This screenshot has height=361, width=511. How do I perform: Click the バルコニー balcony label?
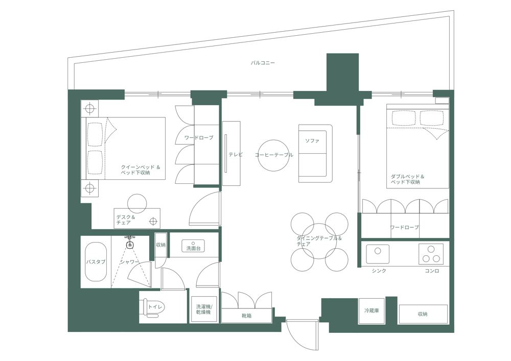(263, 63)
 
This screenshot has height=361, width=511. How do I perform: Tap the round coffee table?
(273, 155)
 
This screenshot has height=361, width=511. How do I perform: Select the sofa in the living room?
(315, 153)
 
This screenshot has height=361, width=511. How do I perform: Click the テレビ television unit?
(231, 154)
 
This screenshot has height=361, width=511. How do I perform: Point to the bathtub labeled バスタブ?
(96, 261)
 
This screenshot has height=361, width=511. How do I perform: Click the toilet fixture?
(152, 308)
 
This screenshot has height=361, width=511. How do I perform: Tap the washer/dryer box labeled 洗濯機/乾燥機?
(204, 309)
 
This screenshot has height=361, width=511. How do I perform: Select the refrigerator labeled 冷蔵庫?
(371, 310)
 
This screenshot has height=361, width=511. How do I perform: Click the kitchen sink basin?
(378, 254)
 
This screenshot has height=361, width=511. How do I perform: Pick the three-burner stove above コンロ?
(431, 254)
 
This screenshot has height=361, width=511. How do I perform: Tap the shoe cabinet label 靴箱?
(246, 316)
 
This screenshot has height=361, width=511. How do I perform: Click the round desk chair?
(137, 203)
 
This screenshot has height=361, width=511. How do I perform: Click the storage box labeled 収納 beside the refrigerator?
(423, 314)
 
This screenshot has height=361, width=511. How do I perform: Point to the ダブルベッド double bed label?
(407, 179)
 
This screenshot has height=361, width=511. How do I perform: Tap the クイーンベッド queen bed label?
(141, 170)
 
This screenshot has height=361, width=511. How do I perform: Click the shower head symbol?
(130, 245)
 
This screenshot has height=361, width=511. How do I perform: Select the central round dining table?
(319, 241)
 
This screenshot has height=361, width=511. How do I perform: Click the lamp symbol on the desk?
(153, 221)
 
